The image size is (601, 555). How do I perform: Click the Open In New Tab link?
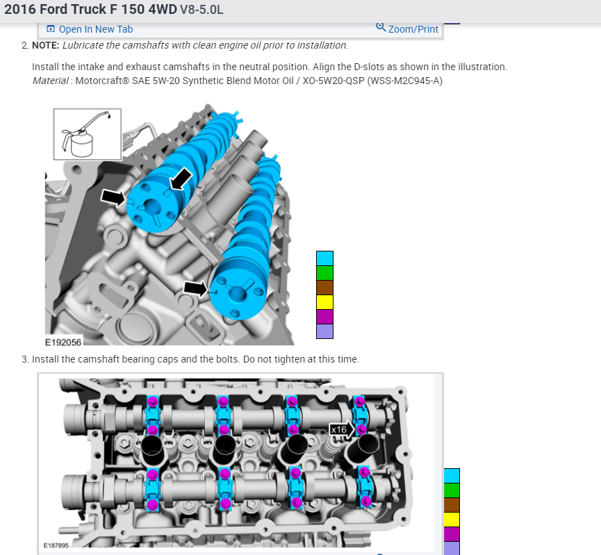(x=90, y=29)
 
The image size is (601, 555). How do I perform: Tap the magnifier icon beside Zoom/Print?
(x=380, y=27)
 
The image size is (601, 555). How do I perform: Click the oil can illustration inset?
(x=88, y=134)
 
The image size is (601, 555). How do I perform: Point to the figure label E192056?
(x=63, y=342)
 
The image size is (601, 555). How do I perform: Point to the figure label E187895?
(x=56, y=545)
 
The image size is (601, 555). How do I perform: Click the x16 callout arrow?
(x=342, y=429)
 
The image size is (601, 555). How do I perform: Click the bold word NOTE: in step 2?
(x=46, y=45)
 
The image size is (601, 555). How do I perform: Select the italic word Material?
(x=51, y=81)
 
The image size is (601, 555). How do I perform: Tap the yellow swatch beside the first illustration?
(x=324, y=302)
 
